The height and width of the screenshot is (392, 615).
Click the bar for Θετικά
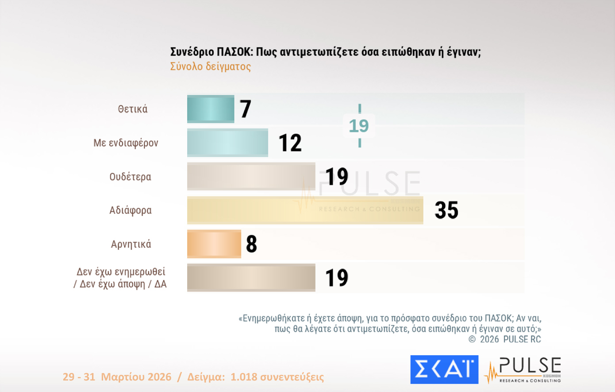click(211, 109)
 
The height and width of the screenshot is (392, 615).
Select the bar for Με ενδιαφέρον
click(227, 143)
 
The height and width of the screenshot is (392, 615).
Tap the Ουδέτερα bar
click(251, 176)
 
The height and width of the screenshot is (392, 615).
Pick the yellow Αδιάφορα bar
click(305, 210)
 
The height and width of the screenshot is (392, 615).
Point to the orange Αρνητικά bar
click(214, 244)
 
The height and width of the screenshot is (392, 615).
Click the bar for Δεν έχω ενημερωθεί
click(251, 278)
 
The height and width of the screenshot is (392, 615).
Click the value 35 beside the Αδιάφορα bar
click(446, 210)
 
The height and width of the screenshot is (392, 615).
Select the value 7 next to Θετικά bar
click(246, 109)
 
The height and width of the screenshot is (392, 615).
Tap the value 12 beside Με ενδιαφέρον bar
click(290, 143)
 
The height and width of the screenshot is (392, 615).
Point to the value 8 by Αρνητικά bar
click(251, 244)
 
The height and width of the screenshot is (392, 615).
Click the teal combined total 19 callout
click(359, 126)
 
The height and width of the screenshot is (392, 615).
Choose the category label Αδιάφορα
click(131, 210)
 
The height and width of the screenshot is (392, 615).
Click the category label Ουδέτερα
click(130, 177)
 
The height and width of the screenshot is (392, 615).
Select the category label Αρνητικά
click(131, 244)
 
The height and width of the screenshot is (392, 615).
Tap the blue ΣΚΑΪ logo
click(444, 369)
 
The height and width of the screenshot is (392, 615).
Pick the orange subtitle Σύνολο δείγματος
click(211, 66)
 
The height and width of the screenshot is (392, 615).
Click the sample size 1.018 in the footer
click(244, 377)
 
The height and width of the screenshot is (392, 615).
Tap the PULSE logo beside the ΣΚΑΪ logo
click(524, 369)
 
